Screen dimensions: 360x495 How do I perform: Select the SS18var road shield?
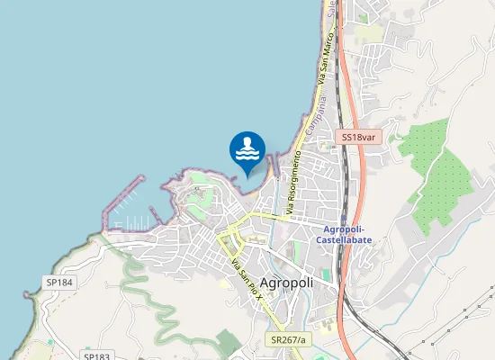pos(360,138)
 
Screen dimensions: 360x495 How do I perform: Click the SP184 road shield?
pos(59,283)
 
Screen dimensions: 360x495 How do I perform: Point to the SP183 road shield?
pos(96,356)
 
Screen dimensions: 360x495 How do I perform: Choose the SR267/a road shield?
pos(288,339)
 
